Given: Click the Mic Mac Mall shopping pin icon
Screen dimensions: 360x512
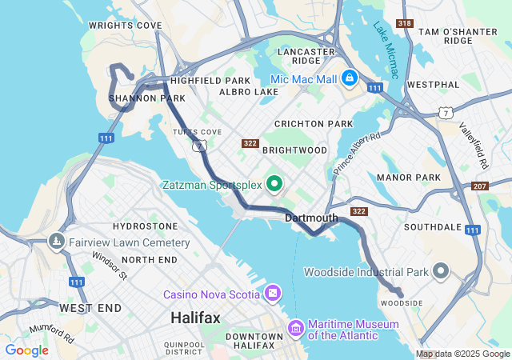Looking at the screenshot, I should pyautogui.click(x=350, y=78).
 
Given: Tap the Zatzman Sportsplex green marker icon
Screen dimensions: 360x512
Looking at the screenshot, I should pyautogui.click(x=274, y=185).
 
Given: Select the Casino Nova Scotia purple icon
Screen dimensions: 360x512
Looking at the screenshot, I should pyautogui.click(x=274, y=294).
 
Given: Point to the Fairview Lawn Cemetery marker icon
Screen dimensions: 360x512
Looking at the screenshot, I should pyautogui.click(x=56, y=241).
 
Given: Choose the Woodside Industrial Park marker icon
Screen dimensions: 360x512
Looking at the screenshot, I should pyautogui.click(x=441, y=271).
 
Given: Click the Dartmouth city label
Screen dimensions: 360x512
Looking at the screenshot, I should pyautogui.click(x=311, y=218).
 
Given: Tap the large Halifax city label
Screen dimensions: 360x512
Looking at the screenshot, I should pyautogui.click(x=194, y=318).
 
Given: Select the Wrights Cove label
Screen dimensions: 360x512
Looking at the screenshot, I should pyautogui.click(x=125, y=26).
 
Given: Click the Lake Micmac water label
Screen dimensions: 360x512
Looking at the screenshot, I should pyautogui.click(x=386, y=50).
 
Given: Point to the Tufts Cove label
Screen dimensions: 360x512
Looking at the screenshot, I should pyautogui.click(x=196, y=132).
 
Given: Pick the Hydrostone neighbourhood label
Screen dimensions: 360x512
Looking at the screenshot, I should pyautogui.click(x=145, y=227).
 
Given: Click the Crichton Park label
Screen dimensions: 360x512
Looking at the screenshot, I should pyautogui.click(x=313, y=124).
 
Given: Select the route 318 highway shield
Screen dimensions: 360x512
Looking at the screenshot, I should pyautogui.click(x=406, y=23).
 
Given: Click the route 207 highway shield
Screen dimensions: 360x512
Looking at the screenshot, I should pyautogui.click(x=480, y=186).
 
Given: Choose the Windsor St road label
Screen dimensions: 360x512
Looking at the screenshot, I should pyautogui.click(x=110, y=266).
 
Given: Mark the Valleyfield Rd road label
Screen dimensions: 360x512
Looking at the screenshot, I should pyautogui.click(x=474, y=145).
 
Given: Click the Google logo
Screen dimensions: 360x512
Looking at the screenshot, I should pyautogui.click(x=26, y=350).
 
